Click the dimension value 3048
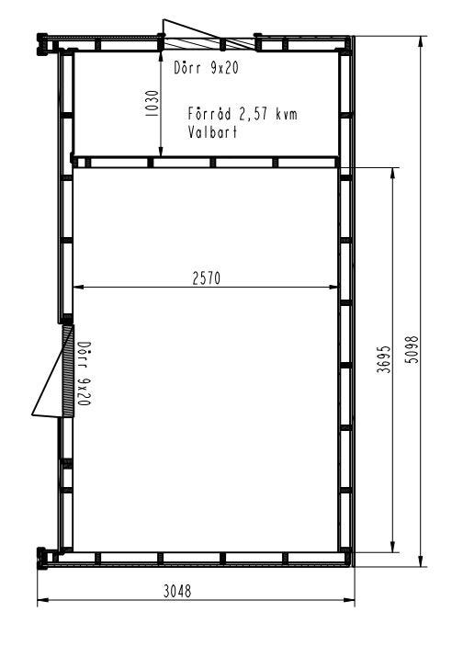177,591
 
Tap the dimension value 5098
412,349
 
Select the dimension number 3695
384,359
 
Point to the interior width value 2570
206,278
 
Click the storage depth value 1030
153,104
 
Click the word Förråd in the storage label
209,114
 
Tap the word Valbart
212,132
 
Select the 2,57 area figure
253,114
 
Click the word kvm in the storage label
287,114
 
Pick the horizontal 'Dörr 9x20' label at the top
206,68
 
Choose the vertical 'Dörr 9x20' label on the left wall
85,373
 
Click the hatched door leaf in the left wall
68,371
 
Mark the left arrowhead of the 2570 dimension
78,287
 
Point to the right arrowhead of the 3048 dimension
349,600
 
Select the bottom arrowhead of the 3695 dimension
392,547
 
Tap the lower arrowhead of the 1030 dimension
161,151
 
